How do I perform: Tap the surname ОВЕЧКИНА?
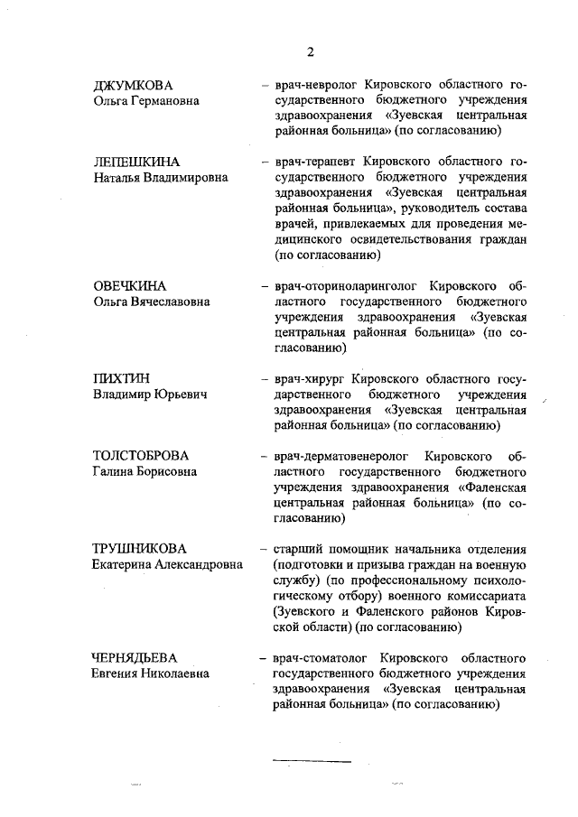[131, 285]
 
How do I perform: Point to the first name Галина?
[115, 470]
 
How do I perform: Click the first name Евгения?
[119, 673]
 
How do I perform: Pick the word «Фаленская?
[492, 487]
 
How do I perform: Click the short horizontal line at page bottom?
[312, 762]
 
